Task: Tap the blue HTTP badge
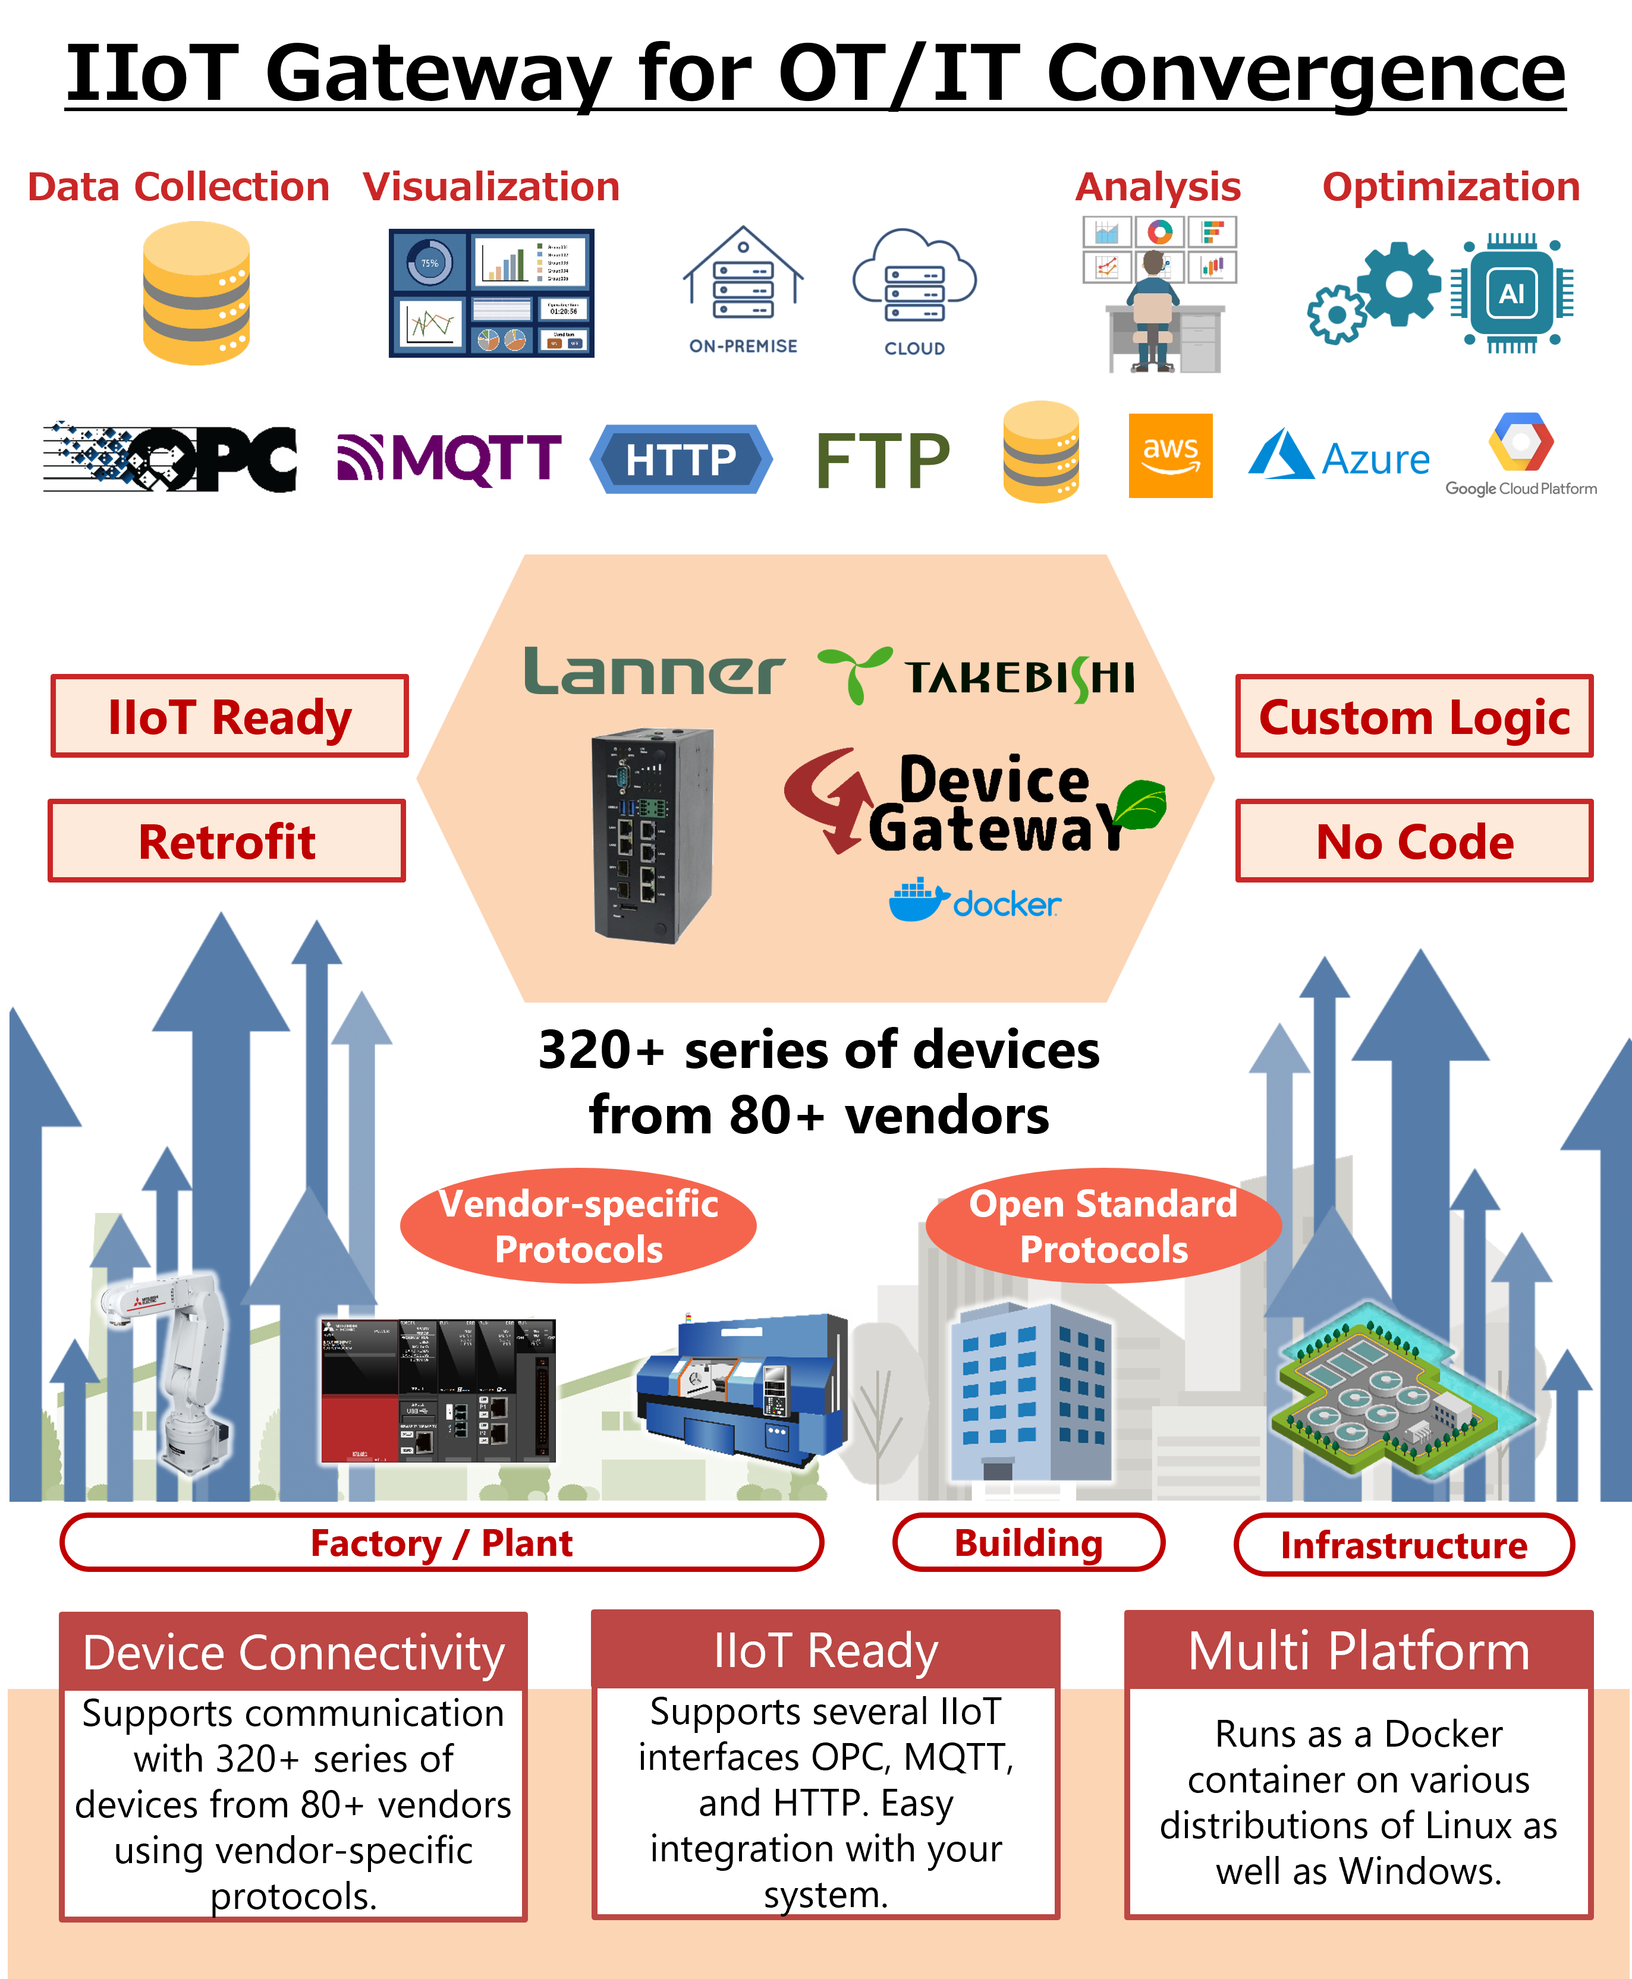(x=681, y=459)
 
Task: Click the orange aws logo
(x=1171, y=456)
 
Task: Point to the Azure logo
(x=1339, y=456)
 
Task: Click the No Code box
(x=1414, y=841)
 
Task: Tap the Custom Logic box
(x=1414, y=717)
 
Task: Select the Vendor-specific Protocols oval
(x=578, y=1226)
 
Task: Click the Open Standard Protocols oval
(x=1103, y=1226)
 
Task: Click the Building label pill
(x=1029, y=1543)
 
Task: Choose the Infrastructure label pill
(x=1404, y=1545)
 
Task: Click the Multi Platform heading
(x=1359, y=1651)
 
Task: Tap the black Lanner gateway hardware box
(x=652, y=834)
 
